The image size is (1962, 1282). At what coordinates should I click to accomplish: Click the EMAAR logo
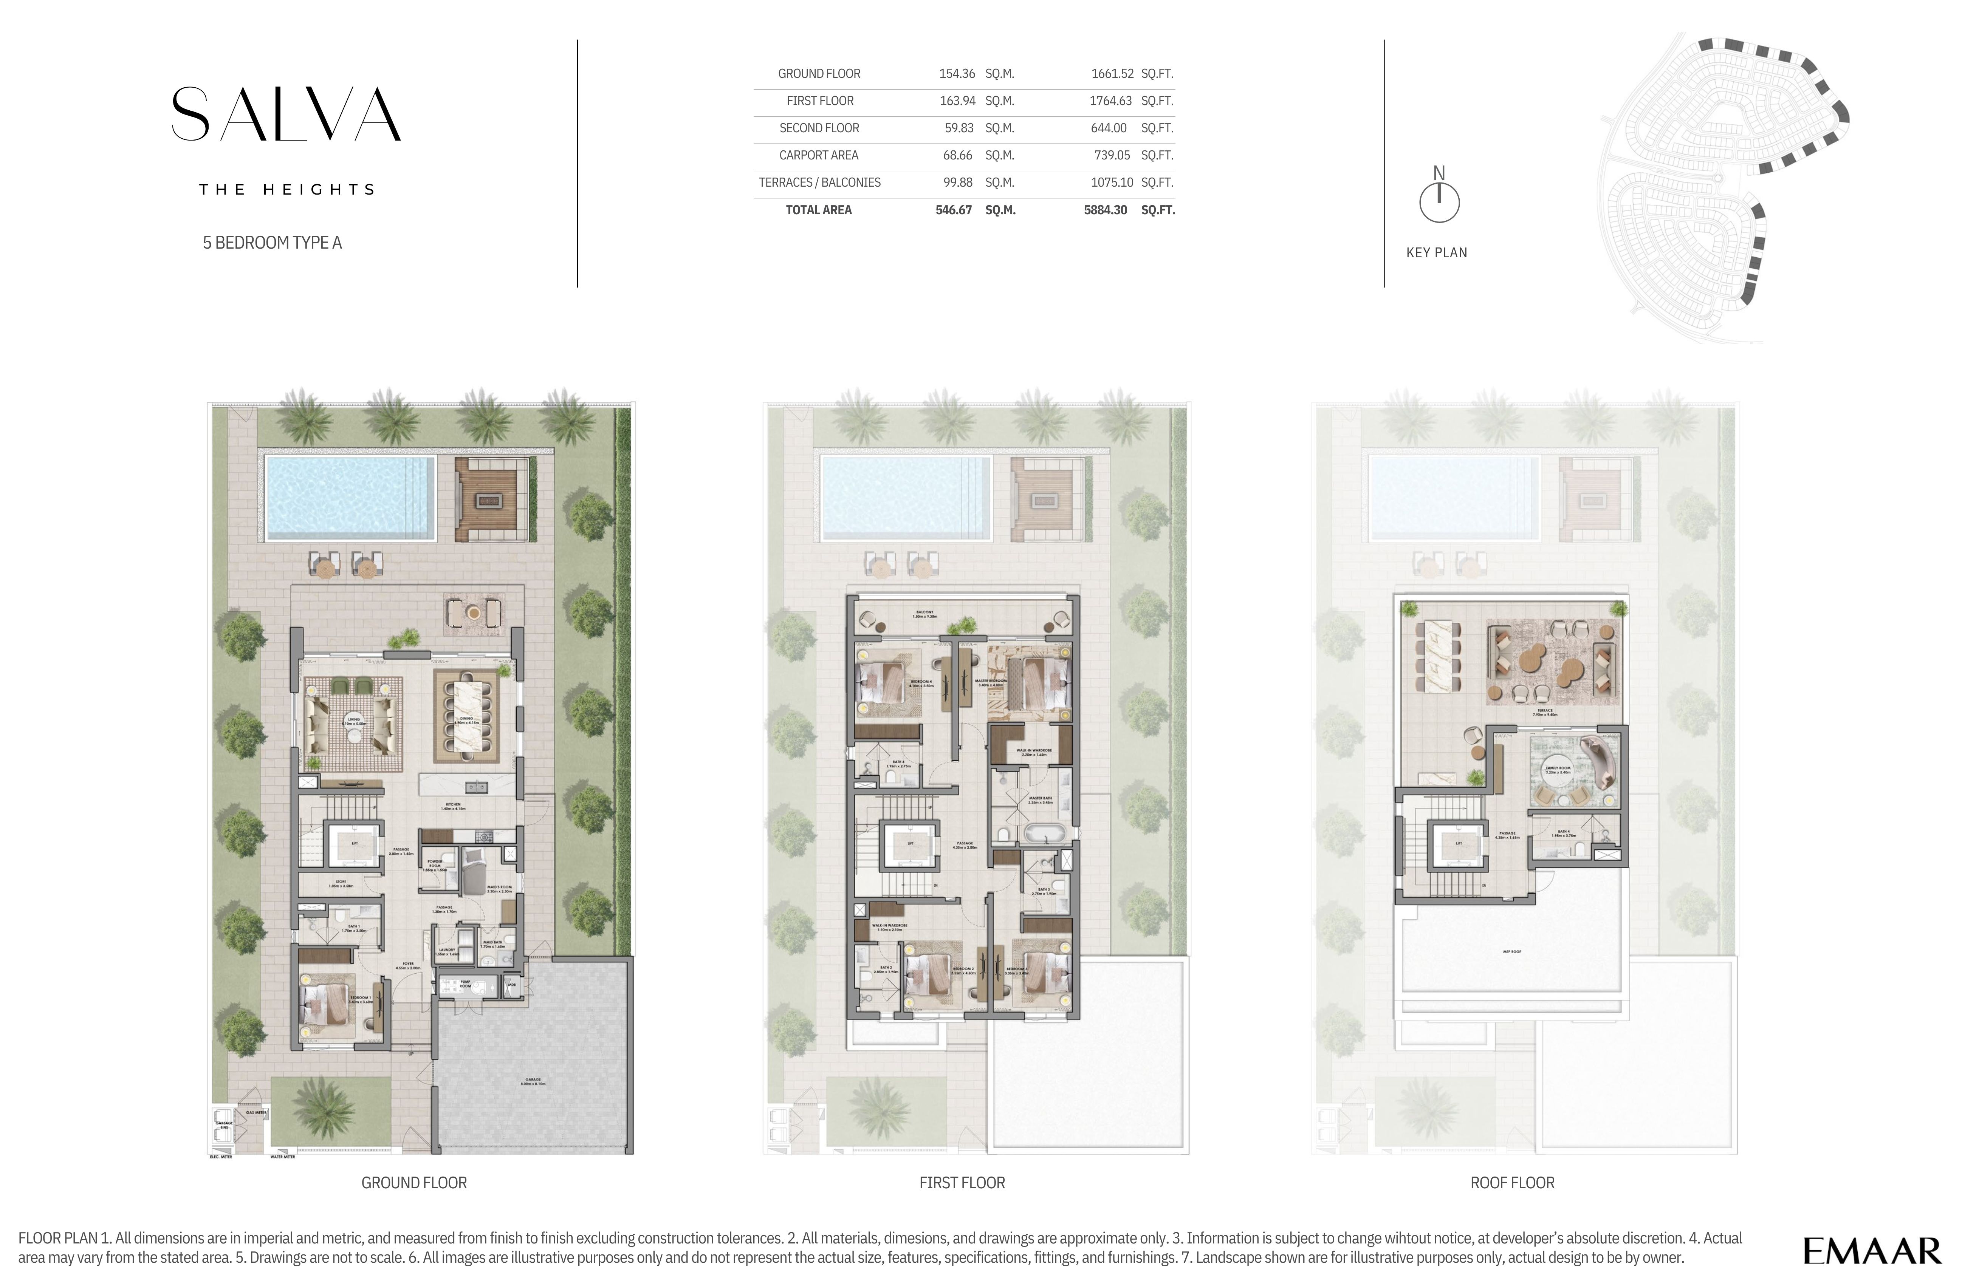point(1871,1251)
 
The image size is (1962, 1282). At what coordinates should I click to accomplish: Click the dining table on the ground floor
point(466,716)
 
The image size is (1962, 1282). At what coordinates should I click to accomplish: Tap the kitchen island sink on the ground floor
point(472,786)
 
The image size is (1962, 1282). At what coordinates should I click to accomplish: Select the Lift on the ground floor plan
point(355,844)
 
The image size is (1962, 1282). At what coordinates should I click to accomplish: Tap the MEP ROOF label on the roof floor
point(1511,952)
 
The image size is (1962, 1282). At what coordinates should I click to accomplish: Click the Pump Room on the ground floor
point(466,985)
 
